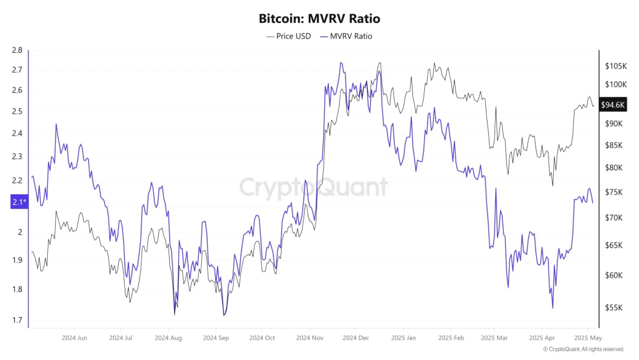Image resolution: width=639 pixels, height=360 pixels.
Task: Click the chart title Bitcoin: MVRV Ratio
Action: [x=319, y=18]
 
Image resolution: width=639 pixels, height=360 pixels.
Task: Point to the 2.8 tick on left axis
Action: [x=17, y=50]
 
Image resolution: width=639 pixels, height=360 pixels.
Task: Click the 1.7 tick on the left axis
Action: [x=17, y=320]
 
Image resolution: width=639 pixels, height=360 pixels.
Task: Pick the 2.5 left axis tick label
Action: [x=17, y=111]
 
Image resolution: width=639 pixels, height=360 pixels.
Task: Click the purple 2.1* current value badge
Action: [x=18, y=202]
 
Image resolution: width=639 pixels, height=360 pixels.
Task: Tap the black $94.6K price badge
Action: [x=612, y=105]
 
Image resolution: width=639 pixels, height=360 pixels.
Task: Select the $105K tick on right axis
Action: [x=615, y=66]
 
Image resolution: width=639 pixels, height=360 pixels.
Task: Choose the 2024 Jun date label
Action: [x=75, y=338]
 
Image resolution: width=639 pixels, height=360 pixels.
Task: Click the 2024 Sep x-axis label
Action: [x=216, y=338]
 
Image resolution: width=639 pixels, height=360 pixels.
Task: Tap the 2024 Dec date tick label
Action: [x=356, y=338]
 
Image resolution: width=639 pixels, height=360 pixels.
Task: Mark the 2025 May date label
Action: [x=588, y=338]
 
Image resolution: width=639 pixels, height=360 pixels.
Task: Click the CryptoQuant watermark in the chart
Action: [x=314, y=187]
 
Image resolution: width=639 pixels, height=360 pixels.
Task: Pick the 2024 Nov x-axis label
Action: [x=309, y=338]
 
